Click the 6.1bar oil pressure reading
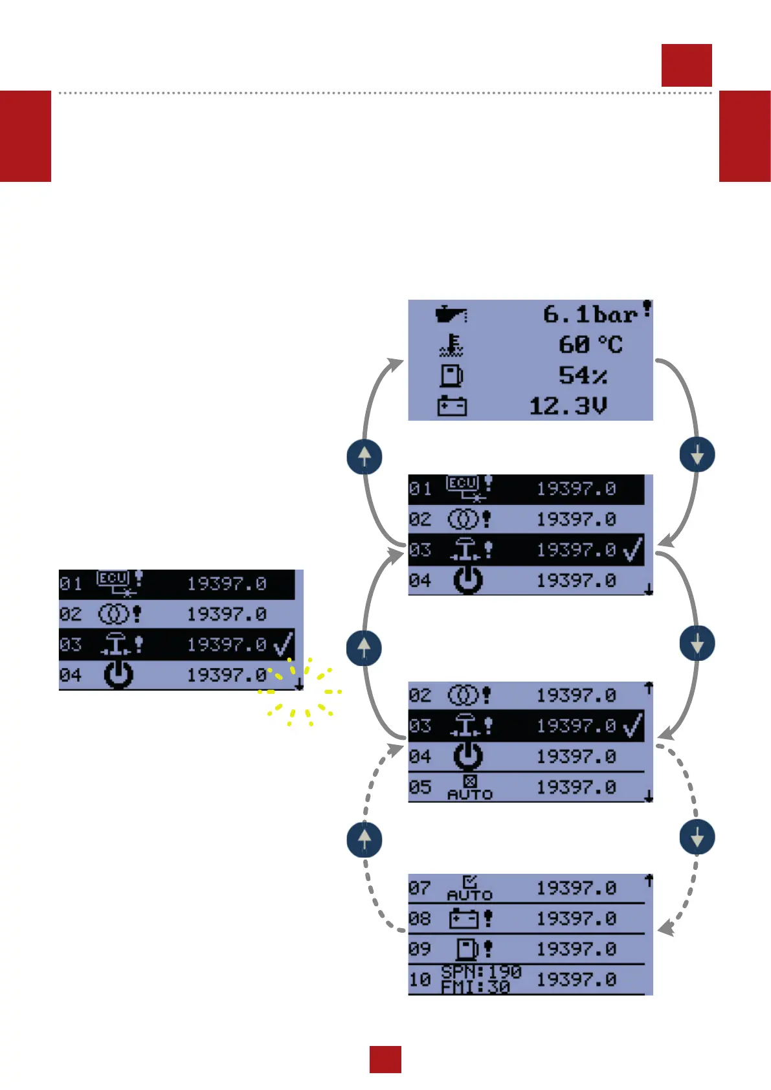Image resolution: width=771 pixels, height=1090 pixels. click(590, 315)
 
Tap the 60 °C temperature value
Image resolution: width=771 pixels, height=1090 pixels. click(590, 344)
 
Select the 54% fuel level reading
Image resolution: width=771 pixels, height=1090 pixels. click(583, 375)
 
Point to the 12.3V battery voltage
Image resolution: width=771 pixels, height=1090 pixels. click(568, 406)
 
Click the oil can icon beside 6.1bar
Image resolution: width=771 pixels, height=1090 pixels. click(451, 315)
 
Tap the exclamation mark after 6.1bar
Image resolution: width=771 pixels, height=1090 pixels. click(647, 308)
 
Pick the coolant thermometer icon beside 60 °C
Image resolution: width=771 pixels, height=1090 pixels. click(451, 345)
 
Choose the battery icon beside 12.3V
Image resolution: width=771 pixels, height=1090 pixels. click(452, 406)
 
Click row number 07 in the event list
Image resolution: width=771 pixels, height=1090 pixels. click(419, 887)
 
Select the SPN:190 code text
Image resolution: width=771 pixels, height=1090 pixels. click(481, 972)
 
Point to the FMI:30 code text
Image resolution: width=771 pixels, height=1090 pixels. click(476, 987)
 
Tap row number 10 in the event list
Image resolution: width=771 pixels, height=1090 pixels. click(419, 979)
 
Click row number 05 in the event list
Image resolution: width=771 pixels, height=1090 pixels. click(419, 787)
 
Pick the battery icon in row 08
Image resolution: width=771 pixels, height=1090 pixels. click(464, 918)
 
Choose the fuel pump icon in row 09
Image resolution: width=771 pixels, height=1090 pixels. click(467, 949)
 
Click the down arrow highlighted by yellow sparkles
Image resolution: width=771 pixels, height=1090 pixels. click(298, 684)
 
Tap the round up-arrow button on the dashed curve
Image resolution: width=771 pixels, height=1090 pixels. click(364, 840)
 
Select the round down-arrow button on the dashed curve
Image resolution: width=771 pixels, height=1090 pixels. click(697, 837)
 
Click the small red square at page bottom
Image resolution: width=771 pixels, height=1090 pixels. click(385, 1059)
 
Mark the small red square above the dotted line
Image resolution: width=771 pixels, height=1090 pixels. click(686, 65)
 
